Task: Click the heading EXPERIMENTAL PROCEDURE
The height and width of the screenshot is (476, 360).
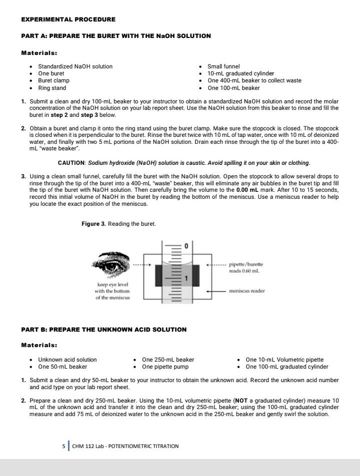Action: coord(68,19)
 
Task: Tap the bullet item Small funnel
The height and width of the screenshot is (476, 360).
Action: coord(223,66)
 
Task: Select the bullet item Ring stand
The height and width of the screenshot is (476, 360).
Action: coord(52,88)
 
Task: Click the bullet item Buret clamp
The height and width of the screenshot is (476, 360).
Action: coord(53,80)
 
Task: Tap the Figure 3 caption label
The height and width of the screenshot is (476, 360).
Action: coord(93,224)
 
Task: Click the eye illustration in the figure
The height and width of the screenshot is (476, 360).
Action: coord(111,264)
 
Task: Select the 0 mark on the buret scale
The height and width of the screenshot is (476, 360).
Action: coord(186,247)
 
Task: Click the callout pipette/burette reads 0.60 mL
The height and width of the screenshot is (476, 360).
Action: coord(246,267)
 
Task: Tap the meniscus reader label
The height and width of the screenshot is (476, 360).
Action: coord(247,290)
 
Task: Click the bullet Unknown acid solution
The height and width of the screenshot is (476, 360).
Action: coord(67,360)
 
